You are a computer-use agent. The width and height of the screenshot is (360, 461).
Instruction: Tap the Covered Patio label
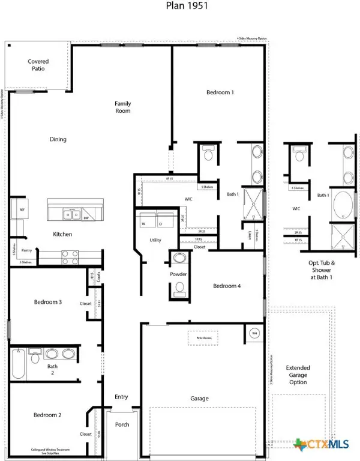point(38,65)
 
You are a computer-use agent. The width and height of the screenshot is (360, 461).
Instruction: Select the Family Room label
point(123,107)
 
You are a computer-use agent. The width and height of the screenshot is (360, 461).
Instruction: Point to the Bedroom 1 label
point(220,92)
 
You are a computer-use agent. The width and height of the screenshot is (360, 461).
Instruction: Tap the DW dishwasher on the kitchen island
point(86,218)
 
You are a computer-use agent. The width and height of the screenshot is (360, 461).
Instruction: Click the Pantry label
point(26,250)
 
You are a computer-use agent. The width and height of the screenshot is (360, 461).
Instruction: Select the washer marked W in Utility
point(143,224)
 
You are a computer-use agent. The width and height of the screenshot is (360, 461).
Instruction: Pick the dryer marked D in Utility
point(161,224)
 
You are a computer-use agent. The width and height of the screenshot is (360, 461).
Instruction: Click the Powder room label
point(178,274)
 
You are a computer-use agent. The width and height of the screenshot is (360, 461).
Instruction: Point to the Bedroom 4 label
point(227,286)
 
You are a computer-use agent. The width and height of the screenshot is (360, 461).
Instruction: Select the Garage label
point(199,398)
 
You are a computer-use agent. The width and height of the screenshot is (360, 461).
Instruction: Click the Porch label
point(122,424)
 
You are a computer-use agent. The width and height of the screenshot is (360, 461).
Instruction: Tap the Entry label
point(121,397)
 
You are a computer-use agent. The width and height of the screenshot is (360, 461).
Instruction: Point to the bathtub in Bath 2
point(18,365)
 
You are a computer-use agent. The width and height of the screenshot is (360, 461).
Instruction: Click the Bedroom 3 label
point(48,302)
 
